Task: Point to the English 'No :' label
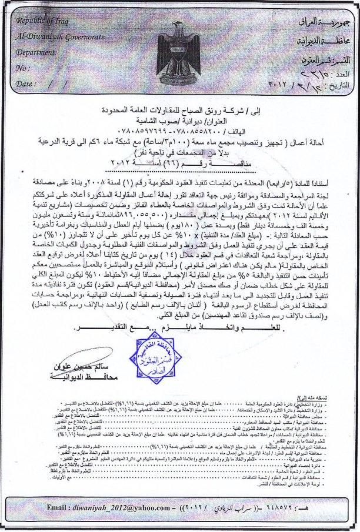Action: (x=24, y=68)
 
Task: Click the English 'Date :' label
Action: (x=27, y=83)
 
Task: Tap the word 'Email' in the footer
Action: (x=58, y=507)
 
